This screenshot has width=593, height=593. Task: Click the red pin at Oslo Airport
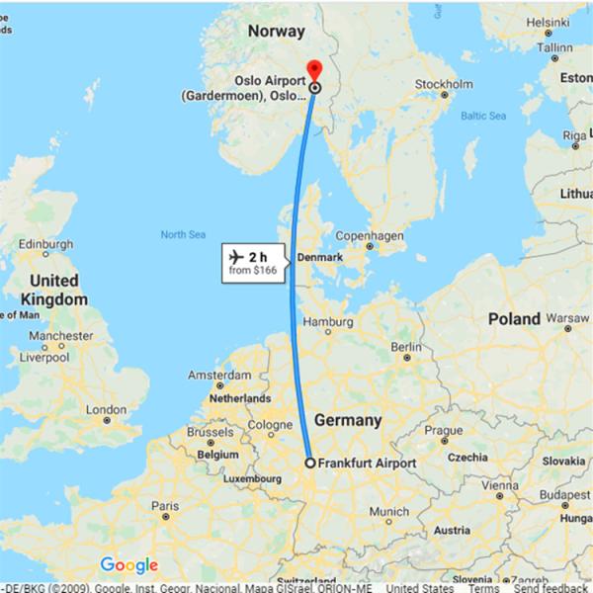coord(314,69)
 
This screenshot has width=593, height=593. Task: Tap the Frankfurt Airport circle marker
coord(309,463)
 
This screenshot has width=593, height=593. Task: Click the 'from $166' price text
coord(252,269)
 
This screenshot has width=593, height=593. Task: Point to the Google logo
coord(129,566)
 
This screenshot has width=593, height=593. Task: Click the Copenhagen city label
coord(370,236)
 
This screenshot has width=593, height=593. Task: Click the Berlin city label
coord(406,347)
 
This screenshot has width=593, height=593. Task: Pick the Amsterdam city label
coord(219,377)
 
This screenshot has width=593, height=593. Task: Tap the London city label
coord(107,409)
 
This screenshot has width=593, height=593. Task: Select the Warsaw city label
coord(567,318)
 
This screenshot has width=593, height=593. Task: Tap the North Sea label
coord(182,234)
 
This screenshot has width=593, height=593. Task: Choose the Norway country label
coord(276,31)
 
